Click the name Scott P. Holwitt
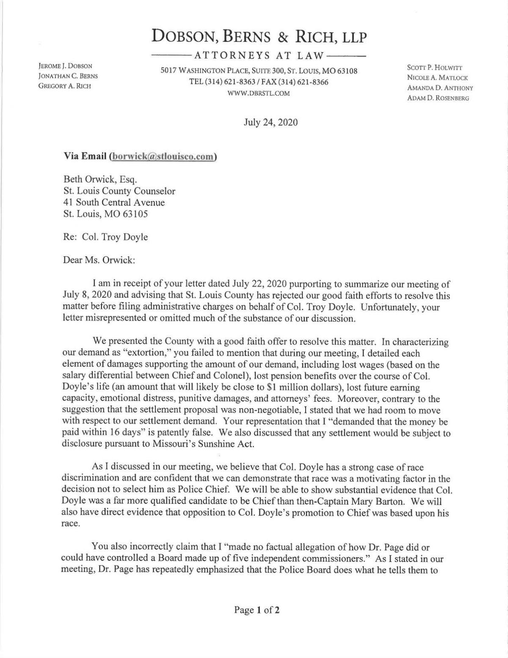coord(435,68)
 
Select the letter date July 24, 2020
coord(271,122)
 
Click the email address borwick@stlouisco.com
coord(163,156)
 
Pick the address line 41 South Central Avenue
coord(114,202)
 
